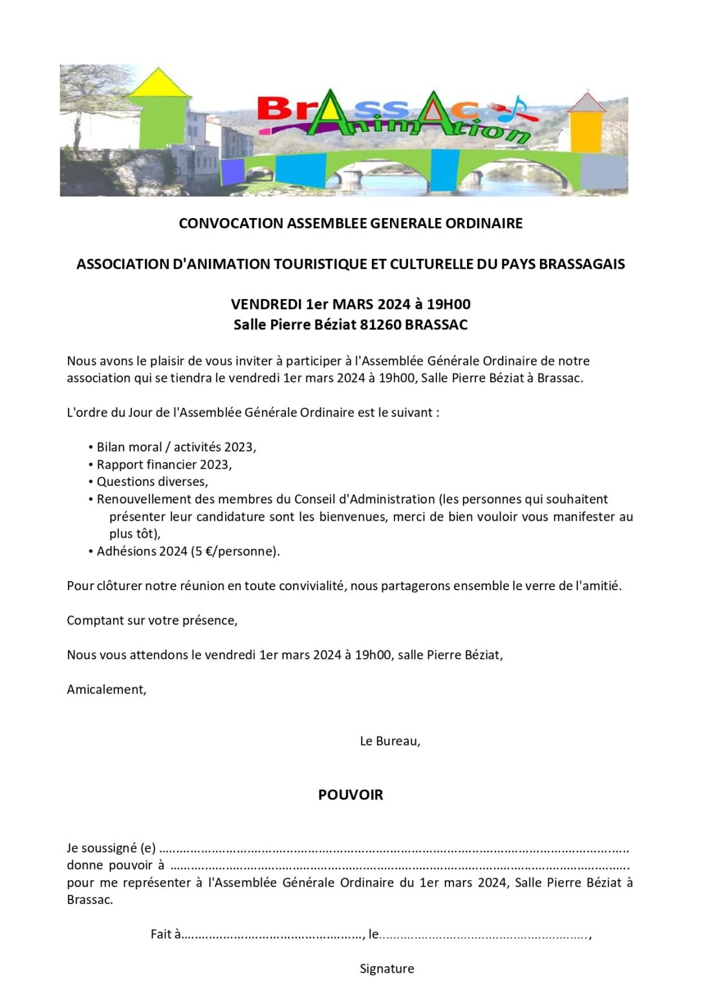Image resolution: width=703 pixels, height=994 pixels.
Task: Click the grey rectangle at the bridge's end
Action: tap(603, 171)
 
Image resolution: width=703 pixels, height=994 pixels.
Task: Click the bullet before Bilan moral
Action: tap(91, 447)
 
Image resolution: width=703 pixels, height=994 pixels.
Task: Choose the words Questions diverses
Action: tap(152, 481)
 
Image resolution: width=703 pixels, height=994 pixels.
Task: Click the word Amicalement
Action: tap(107, 689)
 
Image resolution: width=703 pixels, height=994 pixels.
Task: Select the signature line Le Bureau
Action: tap(390, 741)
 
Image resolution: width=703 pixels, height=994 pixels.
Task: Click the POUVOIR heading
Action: tap(351, 795)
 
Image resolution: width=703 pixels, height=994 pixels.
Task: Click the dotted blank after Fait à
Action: tap(272, 934)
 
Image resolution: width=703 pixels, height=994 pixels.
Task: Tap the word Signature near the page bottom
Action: tap(387, 969)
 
